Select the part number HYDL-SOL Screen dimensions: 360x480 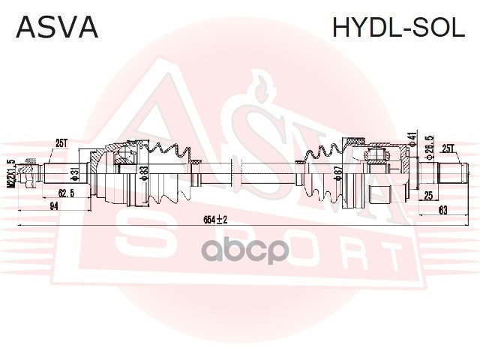coord(398,27)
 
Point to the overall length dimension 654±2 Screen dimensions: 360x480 coord(215,218)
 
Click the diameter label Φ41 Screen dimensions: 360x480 coord(412,139)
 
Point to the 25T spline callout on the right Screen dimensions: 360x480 coord(449,148)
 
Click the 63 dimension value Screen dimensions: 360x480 coord(442,210)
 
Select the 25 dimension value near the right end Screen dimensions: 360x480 coord(427,196)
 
